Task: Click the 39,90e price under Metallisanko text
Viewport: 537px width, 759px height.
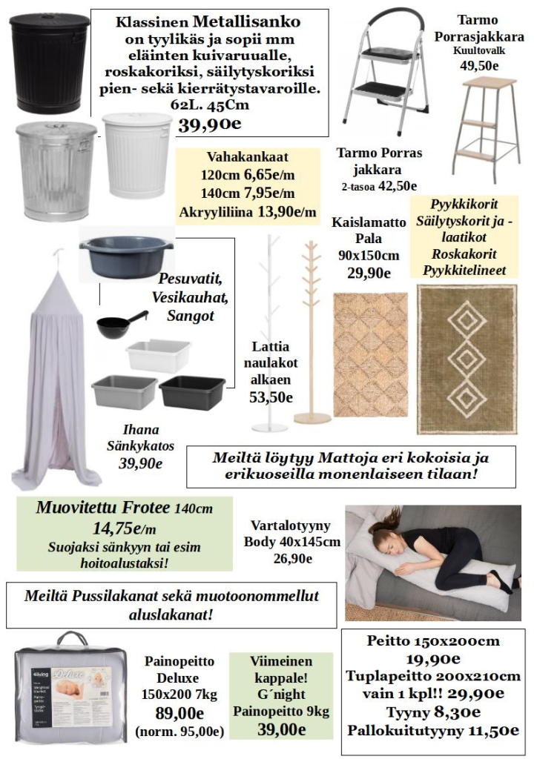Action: [208, 125]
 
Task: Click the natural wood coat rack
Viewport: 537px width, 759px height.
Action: [312, 334]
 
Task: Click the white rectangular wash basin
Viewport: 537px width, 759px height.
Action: [158, 356]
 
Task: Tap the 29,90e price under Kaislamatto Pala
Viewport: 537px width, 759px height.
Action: [369, 273]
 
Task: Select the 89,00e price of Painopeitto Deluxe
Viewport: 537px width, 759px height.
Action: [179, 713]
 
